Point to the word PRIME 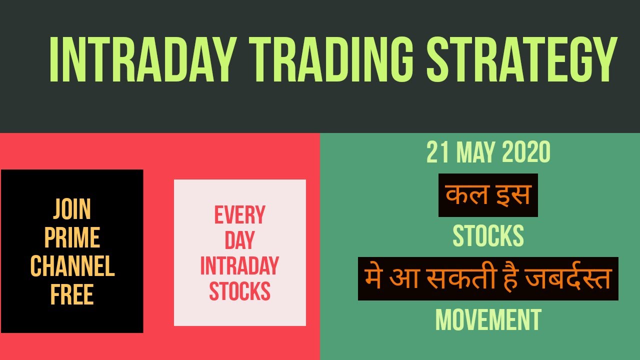pos(72,238)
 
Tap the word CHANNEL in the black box pos(72,266)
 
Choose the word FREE pos(72,295)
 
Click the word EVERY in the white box pos(240,215)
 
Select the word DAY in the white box pos(240,240)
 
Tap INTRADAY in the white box pos(240,265)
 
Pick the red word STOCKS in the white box pos(240,291)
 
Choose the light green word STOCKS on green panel pos(488,236)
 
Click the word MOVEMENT pos(488,320)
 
